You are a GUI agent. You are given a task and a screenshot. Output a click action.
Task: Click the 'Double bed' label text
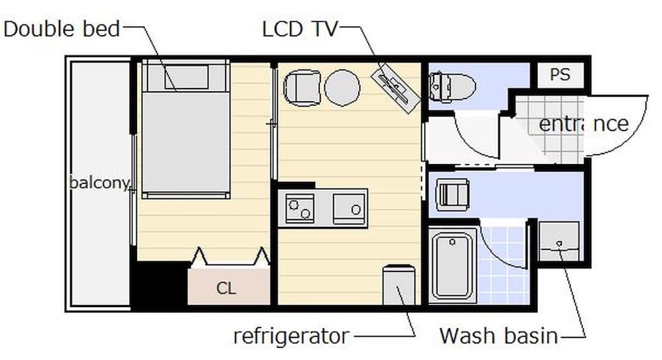pyautogui.click(x=62, y=28)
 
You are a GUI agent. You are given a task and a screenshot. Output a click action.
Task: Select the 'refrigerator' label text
pyautogui.click(x=291, y=336)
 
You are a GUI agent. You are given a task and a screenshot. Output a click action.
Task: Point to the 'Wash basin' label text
pyautogui.click(x=498, y=336)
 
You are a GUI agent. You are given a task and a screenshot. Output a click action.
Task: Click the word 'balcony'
pyautogui.click(x=99, y=183)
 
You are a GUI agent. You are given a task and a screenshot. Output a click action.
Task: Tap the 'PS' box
pyautogui.click(x=560, y=75)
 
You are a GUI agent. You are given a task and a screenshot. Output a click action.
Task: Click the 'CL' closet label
pyautogui.click(x=226, y=289)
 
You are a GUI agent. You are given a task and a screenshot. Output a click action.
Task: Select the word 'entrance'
pyautogui.click(x=583, y=124)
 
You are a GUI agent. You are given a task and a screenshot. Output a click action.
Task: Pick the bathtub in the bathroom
pyautogui.click(x=453, y=265)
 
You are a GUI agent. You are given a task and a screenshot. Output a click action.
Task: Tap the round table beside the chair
pyautogui.click(x=342, y=87)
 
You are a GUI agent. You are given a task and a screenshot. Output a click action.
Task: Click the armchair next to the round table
pyautogui.click(x=302, y=88)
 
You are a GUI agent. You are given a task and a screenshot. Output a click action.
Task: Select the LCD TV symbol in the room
pyautogui.click(x=396, y=85)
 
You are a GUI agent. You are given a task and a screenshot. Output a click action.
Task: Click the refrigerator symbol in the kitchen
pyautogui.click(x=399, y=285)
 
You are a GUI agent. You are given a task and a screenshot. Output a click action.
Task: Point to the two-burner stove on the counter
pyautogui.click(x=300, y=207)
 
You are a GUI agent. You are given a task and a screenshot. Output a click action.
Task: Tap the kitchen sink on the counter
pyautogui.click(x=349, y=207)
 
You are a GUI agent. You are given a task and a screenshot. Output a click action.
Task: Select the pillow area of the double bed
pyautogui.click(x=186, y=77)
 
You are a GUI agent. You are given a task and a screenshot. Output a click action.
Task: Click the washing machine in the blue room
pyautogui.click(x=453, y=194)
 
